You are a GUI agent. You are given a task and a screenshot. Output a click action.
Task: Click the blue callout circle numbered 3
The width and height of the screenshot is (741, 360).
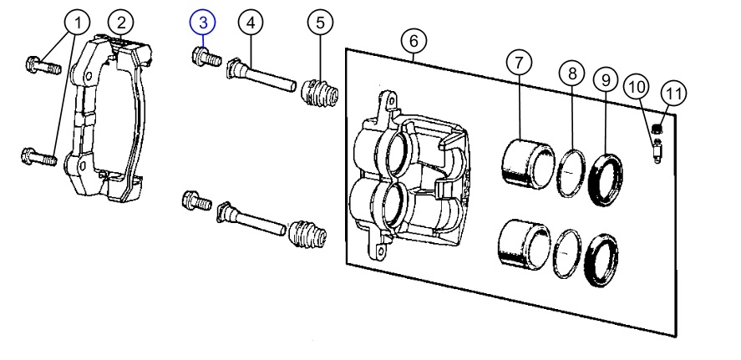point(203,23)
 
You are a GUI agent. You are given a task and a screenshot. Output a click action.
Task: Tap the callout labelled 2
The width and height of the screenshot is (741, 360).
point(121,23)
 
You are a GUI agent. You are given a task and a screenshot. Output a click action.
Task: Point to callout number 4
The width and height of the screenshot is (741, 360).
point(251,23)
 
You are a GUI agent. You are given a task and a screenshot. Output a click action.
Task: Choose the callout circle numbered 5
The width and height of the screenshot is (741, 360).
point(320,23)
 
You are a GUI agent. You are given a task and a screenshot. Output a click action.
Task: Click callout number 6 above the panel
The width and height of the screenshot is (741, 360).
point(414,42)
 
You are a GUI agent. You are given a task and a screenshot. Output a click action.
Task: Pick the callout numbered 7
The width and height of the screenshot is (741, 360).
point(519,63)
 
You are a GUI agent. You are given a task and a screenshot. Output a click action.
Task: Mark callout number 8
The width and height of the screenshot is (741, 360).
point(572,74)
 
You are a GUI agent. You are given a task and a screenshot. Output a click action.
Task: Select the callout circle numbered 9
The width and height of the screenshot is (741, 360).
point(606,80)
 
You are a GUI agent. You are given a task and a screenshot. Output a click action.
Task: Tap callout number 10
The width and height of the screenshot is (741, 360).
point(637,87)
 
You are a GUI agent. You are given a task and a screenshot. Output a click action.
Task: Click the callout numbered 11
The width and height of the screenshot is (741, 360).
point(673,93)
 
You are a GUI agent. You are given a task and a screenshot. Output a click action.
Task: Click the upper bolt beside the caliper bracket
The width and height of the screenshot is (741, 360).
point(43,65)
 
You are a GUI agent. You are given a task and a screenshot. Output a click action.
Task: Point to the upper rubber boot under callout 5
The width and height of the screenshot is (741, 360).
point(319,93)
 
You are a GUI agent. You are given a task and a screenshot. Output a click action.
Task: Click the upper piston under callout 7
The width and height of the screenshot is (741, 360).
point(527,163)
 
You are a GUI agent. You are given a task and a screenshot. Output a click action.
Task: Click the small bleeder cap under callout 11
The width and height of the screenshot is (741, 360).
point(656,128)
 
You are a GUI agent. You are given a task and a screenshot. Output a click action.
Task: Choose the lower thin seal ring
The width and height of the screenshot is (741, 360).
point(566,254)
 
